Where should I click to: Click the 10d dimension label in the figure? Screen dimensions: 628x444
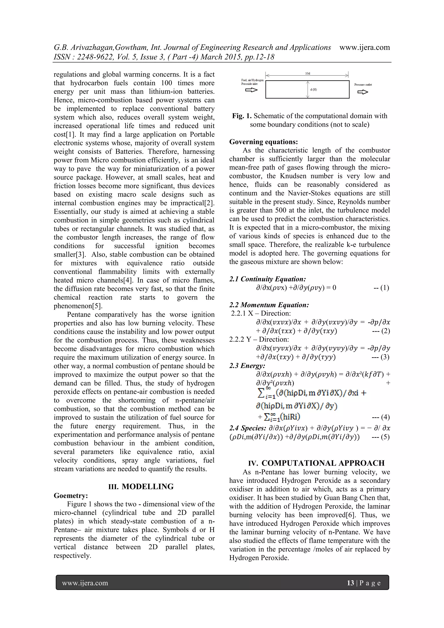tap(307, 73)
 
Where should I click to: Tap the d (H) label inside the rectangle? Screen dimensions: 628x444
tap(313, 90)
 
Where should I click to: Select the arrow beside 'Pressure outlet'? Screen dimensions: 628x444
tap(363, 92)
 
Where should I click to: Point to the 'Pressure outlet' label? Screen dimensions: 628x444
tap(363, 85)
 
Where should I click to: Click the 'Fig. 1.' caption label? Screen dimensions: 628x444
tap(242, 116)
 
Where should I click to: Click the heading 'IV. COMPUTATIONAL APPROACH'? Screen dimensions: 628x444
tap(316, 463)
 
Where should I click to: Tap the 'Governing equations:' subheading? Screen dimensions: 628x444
tap(263, 142)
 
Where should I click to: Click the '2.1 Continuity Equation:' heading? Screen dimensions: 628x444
tap(267, 279)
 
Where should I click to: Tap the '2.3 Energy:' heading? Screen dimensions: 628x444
tap(247, 365)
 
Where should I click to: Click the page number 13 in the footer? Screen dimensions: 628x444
tap(350, 583)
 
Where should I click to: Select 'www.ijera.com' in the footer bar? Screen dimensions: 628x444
tap(85, 583)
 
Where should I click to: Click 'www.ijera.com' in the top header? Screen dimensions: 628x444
tap(364, 47)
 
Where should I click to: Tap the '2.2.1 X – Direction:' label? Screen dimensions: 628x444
tap(261, 313)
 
